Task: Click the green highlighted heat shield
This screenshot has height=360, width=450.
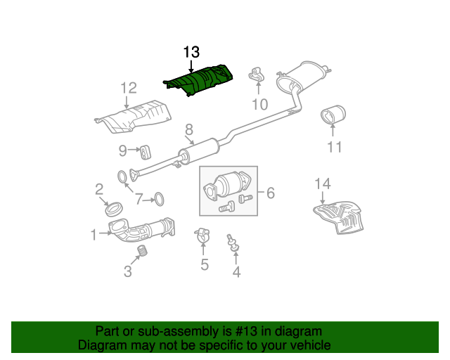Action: [x=198, y=80]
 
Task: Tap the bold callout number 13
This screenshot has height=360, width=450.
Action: [x=191, y=52]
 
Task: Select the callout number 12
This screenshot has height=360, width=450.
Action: [x=129, y=88]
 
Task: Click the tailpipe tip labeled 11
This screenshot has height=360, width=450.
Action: [x=333, y=115]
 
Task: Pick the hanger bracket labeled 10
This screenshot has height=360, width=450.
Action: [x=256, y=75]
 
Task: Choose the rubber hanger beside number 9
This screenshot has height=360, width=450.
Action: [x=146, y=152]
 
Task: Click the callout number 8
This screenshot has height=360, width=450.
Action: [x=189, y=130]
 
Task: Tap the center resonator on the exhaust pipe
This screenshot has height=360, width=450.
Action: [x=198, y=151]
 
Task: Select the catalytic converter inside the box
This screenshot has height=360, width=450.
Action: [x=227, y=185]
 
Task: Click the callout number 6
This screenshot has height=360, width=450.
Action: [x=271, y=193]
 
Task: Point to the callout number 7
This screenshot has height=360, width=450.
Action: [x=139, y=199]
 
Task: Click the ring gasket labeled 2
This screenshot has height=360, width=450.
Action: [x=113, y=210]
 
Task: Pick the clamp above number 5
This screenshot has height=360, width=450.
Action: [x=202, y=235]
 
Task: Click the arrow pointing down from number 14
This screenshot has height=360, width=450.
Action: [x=323, y=198]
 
